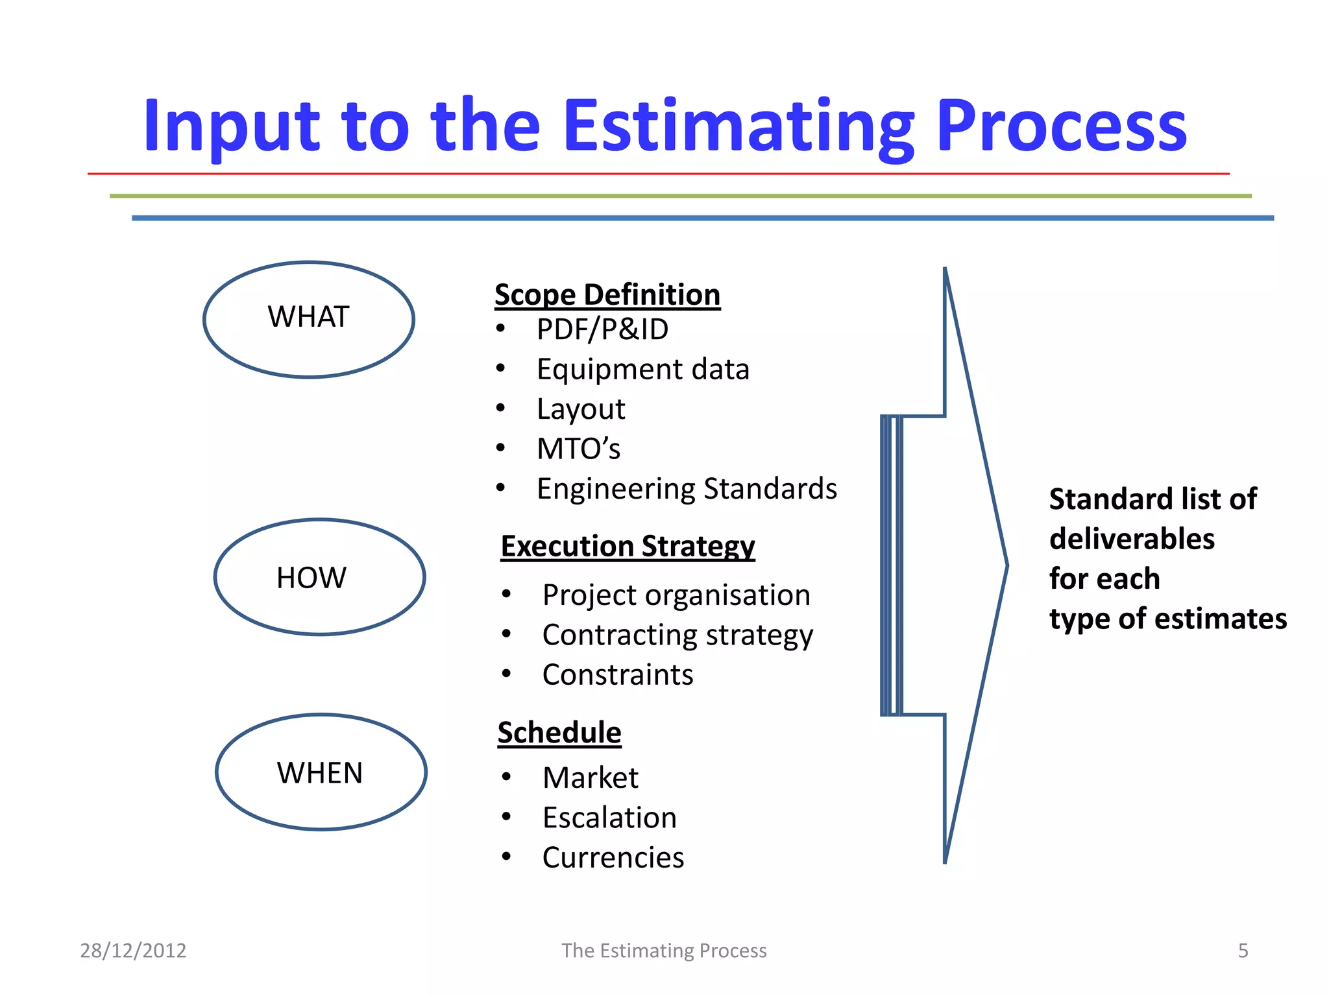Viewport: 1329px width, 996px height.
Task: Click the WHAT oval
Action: pyautogui.click(x=309, y=319)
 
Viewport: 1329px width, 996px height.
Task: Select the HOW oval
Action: pyautogui.click(x=319, y=577)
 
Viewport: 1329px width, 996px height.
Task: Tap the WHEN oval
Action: pyautogui.click(x=321, y=772)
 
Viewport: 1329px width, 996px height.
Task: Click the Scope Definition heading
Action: pyautogui.click(x=607, y=295)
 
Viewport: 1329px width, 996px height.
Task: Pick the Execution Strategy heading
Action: pyautogui.click(x=628, y=547)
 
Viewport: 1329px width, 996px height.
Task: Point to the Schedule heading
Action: pyautogui.click(x=559, y=733)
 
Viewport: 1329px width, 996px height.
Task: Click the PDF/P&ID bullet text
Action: pyautogui.click(x=602, y=329)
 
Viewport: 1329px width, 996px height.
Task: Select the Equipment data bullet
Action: pyautogui.click(x=642, y=370)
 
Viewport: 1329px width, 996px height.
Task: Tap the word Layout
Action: pyautogui.click(x=581, y=409)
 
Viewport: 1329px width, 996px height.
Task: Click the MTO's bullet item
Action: pyautogui.click(x=578, y=449)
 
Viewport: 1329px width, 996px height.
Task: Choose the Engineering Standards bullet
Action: pyautogui.click(x=687, y=489)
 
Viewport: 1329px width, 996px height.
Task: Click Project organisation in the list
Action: pyautogui.click(x=676, y=595)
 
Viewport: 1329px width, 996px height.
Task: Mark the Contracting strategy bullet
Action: pyautogui.click(x=677, y=635)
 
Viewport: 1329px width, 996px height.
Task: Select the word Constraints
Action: pyautogui.click(x=618, y=675)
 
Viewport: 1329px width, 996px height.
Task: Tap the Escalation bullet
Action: pyautogui.click(x=609, y=818)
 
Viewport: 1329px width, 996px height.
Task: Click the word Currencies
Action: pyautogui.click(x=613, y=858)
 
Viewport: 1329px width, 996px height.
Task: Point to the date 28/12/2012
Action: pyautogui.click(x=133, y=951)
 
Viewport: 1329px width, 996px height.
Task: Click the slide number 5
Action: pyautogui.click(x=1243, y=951)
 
